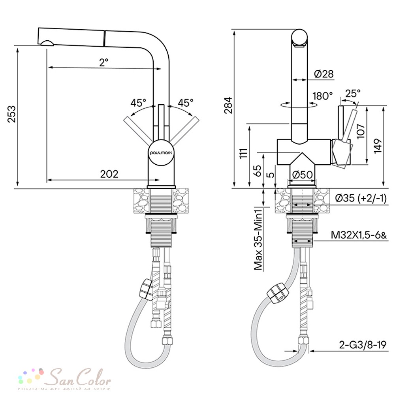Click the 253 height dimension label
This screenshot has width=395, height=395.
(12, 114)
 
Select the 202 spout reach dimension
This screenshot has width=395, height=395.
(109, 174)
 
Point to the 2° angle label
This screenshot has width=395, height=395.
(103, 62)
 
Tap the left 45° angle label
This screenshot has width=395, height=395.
(138, 103)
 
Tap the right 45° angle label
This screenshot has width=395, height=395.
(186, 103)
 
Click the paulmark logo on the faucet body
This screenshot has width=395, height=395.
(161, 152)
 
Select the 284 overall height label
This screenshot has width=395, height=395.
(228, 105)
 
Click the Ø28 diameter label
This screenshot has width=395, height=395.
(324, 74)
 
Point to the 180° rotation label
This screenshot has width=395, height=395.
(323, 96)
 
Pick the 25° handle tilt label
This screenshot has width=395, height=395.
(353, 94)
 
